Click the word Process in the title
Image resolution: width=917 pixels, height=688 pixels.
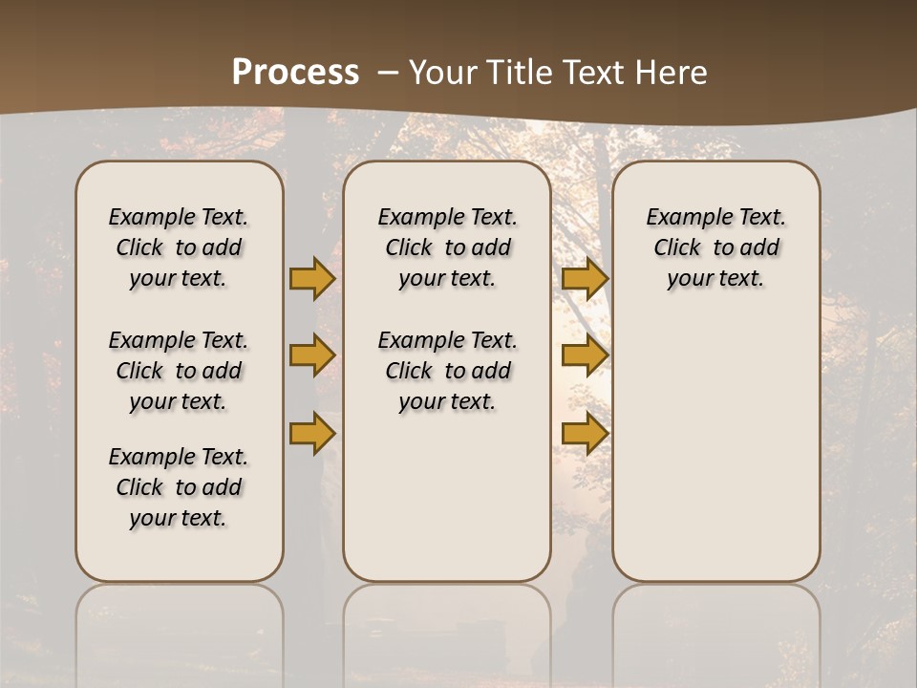click(295, 73)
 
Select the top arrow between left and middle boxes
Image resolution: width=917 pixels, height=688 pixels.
click(312, 278)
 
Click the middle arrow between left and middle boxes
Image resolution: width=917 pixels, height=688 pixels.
click(312, 355)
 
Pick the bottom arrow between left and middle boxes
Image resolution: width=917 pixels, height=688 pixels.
click(312, 434)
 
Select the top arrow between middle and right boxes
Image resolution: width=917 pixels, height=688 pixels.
click(585, 278)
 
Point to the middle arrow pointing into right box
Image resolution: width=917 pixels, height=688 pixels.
click(585, 355)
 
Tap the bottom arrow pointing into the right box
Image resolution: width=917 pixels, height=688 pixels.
click(585, 434)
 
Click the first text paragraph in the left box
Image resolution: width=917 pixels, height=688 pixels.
click(179, 247)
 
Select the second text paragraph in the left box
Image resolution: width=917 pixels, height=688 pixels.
click(179, 371)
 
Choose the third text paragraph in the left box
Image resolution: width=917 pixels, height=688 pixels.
click(179, 487)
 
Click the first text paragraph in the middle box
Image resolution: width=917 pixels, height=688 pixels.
click(447, 247)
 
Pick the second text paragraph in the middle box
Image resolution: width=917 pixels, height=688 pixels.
click(447, 371)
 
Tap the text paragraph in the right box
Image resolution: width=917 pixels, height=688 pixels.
click(715, 247)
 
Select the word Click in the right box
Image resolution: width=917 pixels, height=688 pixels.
click(677, 248)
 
